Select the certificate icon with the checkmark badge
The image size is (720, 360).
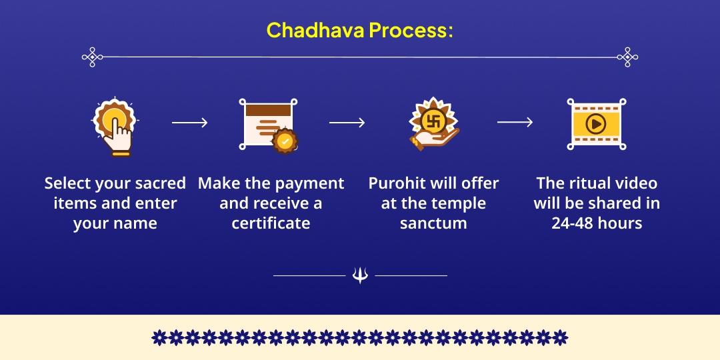click(x=268, y=124)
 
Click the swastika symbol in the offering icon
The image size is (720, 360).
click(x=434, y=121)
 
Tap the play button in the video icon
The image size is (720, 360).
click(x=595, y=123)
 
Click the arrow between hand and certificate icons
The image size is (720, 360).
click(x=189, y=123)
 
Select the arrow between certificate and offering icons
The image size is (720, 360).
click(x=347, y=123)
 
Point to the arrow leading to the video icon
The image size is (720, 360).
click(x=515, y=122)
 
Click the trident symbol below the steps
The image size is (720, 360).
click(x=360, y=275)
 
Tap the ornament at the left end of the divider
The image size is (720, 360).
click(x=92, y=57)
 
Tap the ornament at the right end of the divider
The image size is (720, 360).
click(x=627, y=57)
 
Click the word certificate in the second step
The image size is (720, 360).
click(x=271, y=223)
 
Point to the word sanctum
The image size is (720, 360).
click(x=433, y=223)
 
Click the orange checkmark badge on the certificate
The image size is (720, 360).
click(x=285, y=141)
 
